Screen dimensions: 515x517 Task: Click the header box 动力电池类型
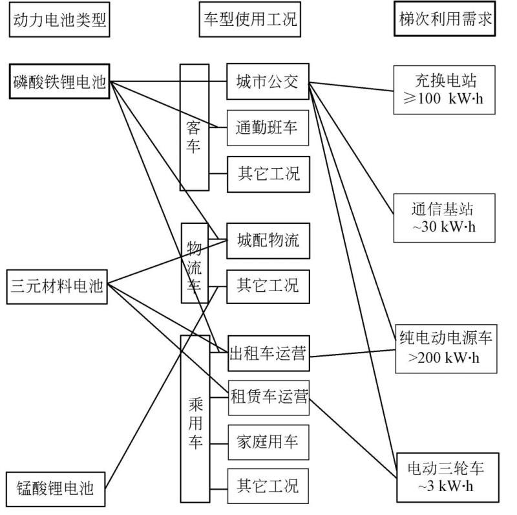(58, 19)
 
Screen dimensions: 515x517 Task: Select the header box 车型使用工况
(248, 19)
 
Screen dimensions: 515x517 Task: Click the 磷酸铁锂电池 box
(58, 82)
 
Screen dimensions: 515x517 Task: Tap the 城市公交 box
(268, 82)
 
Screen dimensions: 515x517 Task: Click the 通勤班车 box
(268, 127)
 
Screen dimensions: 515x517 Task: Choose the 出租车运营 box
(268, 353)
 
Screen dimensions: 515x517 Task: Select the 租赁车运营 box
(268, 393)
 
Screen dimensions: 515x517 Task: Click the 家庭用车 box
(268, 443)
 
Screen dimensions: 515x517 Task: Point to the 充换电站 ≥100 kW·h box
(445, 89)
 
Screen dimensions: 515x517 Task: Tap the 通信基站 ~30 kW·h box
(445, 218)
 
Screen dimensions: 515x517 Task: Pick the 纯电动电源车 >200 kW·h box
(445, 347)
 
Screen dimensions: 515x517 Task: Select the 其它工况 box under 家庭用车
(268, 486)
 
